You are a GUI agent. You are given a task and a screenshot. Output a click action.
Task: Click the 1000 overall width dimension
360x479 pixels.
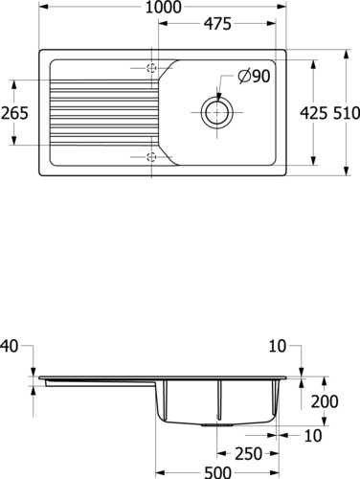163,7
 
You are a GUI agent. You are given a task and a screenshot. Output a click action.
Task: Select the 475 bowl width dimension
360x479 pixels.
217,24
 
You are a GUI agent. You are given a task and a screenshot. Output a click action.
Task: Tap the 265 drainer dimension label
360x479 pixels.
14,113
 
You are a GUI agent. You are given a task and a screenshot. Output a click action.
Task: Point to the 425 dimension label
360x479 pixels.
314,113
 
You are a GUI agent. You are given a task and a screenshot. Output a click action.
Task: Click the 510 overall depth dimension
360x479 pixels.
347,113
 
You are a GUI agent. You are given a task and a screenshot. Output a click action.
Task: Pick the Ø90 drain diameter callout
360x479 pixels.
254,77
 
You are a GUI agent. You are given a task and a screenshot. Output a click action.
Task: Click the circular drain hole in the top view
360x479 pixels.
217,112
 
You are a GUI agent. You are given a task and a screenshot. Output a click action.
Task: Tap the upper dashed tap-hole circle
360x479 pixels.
151,68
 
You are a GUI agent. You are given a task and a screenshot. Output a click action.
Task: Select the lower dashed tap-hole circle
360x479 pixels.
151,157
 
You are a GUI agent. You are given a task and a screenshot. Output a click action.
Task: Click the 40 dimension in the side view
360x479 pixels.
10,347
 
